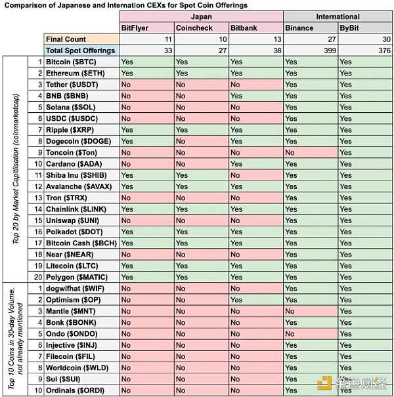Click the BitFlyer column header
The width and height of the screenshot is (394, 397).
135,28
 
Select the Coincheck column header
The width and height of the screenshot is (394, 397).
192,28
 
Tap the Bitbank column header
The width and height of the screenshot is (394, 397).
244,28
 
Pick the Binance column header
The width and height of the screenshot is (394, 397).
300,28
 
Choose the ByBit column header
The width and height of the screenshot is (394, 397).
350,28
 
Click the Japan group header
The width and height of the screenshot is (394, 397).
202,16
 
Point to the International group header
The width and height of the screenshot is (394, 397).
338,16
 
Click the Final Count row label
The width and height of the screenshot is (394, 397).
66,39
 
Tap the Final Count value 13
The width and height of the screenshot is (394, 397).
276,39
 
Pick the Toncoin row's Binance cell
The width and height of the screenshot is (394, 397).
311,152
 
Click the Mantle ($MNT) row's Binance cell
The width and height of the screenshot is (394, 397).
311,311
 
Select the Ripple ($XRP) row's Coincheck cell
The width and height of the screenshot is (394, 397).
201,130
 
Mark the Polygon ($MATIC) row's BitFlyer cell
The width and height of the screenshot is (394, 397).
146,277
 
